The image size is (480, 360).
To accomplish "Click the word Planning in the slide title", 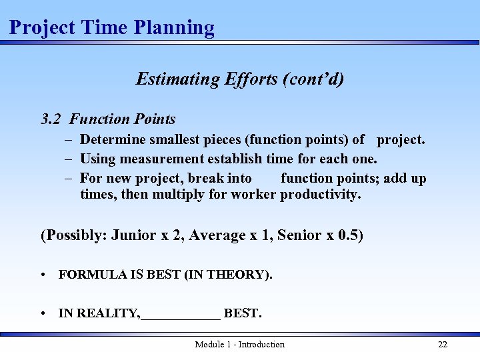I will point(174,28).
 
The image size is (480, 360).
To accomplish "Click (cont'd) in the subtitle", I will point(313,79).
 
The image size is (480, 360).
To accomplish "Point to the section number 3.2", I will point(51,119).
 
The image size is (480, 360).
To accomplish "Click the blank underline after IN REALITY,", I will point(181,314).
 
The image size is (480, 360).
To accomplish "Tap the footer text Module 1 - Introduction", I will point(239,345).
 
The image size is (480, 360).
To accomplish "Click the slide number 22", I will point(443,345).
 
